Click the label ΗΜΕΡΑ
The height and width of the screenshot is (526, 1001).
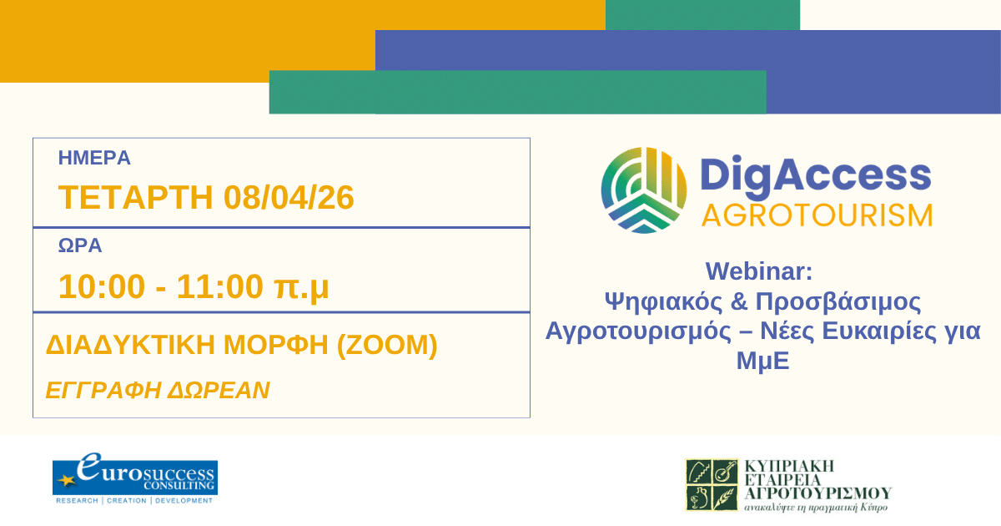(94, 158)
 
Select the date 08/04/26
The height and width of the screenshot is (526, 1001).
(289, 198)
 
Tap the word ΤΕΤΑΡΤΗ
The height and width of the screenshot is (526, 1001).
(137, 198)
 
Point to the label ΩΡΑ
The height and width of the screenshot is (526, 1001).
(80, 246)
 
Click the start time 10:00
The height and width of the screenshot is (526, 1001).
(95, 286)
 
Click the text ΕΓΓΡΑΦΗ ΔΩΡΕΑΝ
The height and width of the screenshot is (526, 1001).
(158, 390)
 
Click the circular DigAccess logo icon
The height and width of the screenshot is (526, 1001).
(644, 190)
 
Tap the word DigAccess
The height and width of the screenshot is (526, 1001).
(815, 175)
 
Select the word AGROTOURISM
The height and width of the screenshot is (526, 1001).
(817, 215)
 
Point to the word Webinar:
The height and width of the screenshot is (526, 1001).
(758, 271)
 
